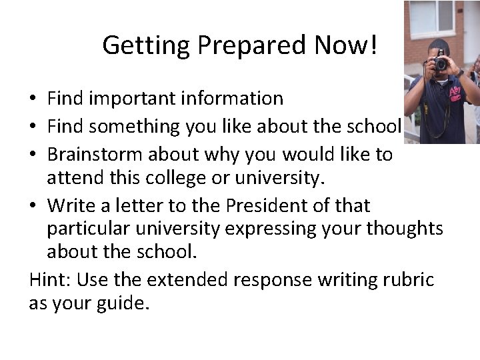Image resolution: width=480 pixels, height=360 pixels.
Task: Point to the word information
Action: [229, 99]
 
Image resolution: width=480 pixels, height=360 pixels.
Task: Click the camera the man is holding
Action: [441, 63]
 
